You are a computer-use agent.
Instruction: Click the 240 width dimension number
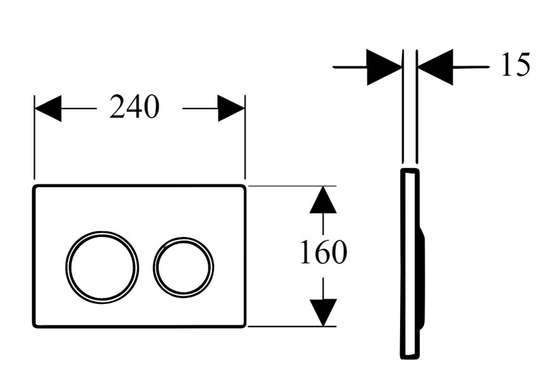134,107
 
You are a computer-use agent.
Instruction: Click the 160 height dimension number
323,251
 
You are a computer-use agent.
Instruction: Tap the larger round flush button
101,267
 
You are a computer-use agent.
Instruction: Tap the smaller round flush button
183,267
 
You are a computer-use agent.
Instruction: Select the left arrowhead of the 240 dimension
48,109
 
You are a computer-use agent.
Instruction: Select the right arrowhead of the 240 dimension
231,109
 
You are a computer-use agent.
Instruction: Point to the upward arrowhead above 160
323,199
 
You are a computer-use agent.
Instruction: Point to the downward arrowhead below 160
323,312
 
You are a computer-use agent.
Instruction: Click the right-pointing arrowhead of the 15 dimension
384,68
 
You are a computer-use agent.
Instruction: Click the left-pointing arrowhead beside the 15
436,68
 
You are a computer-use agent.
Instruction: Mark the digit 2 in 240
118,107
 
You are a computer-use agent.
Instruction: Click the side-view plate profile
412,263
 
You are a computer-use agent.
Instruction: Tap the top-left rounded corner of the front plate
36,188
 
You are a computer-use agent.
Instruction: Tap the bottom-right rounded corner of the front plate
243,325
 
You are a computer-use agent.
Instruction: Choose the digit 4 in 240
134,107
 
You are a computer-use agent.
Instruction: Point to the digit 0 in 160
339,251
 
